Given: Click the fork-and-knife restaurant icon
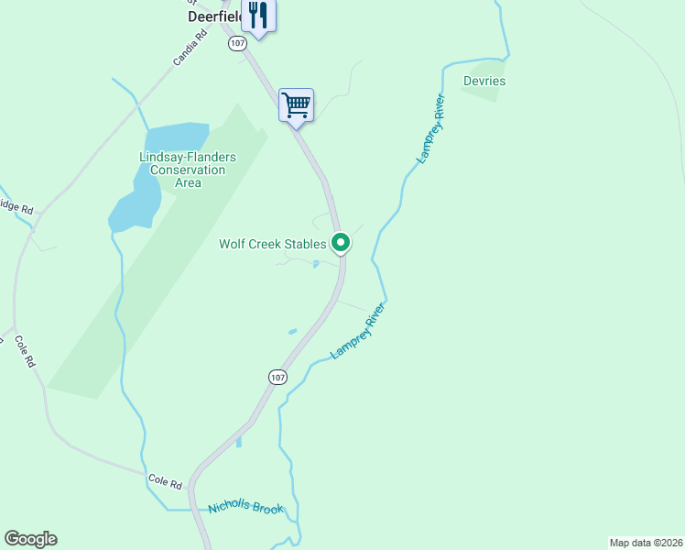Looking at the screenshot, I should coord(258,16).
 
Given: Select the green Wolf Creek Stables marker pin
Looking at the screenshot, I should coord(341,243).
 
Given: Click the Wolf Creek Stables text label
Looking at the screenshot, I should coord(272,244).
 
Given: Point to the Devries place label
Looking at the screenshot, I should coord(484,81).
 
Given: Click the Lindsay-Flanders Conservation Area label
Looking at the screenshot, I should coord(188,170).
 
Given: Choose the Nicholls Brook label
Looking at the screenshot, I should coord(245,509).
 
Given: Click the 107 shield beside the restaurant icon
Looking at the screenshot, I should coord(237,43).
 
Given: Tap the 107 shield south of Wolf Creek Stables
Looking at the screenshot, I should coord(278,377).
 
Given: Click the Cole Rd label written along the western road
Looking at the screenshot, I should coord(25,351).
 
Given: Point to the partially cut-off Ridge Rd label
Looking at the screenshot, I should coord(16,207).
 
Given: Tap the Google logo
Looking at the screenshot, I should coord(30,539).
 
